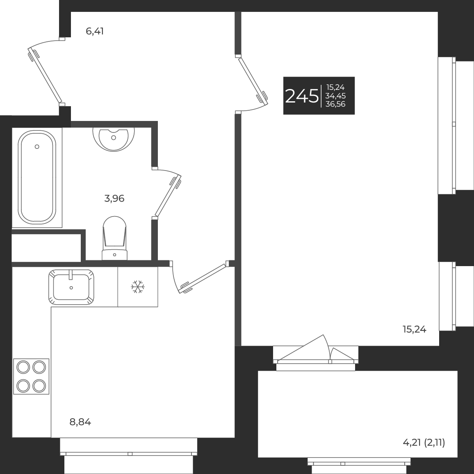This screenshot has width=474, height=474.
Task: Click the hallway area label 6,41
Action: [x=94, y=31]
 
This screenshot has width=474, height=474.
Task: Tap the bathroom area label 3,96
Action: [x=114, y=199]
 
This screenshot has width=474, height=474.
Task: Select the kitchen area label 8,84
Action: [x=80, y=422]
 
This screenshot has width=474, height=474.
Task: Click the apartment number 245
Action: [x=302, y=96]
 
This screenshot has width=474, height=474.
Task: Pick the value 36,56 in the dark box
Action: [x=335, y=104]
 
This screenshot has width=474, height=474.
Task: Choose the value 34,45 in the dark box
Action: [x=335, y=96]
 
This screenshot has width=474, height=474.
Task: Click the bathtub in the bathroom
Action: [x=37, y=177]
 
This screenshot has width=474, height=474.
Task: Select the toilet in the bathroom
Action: [x=114, y=238]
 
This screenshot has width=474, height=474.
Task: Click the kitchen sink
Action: [x=71, y=287]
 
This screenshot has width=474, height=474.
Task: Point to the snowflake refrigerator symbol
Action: [x=138, y=287]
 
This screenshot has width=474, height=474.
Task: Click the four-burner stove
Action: [x=31, y=376]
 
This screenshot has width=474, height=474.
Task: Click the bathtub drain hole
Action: [x=37, y=146]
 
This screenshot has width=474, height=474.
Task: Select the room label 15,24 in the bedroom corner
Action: [x=415, y=329]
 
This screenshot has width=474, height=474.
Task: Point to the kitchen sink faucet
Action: [x=71, y=274]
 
